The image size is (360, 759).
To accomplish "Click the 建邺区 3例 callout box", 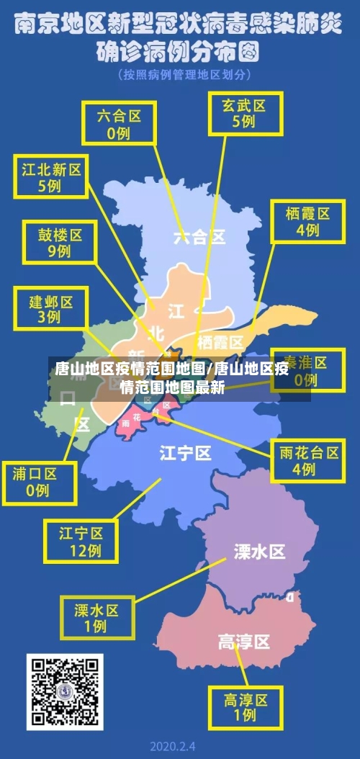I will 50,307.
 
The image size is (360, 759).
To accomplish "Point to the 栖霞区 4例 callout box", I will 307,221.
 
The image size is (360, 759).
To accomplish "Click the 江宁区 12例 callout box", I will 81,542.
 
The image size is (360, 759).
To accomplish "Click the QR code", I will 65,691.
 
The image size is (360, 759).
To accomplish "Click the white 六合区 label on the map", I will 199,236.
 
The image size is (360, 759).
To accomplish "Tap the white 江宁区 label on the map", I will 185,453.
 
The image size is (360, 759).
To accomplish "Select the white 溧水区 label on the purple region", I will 259,552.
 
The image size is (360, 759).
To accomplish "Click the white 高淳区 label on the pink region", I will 243,641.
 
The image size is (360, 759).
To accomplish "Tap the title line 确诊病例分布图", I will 179,52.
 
